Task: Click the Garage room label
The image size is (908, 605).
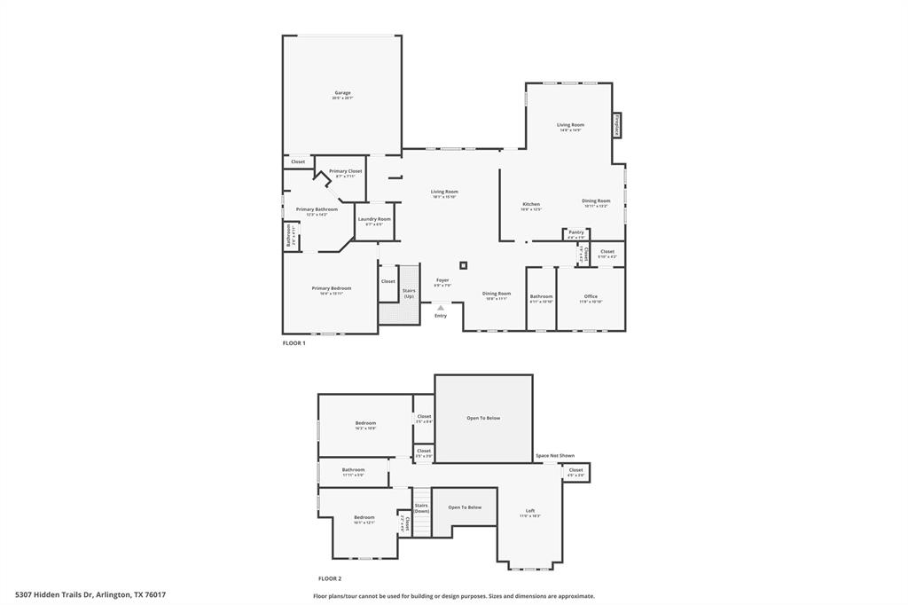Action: click(x=342, y=93)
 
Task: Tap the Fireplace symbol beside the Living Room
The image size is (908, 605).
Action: click(x=617, y=125)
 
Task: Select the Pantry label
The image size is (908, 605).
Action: click(x=576, y=232)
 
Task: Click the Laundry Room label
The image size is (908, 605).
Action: click(x=374, y=219)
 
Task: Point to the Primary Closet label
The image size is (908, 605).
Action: click(x=345, y=171)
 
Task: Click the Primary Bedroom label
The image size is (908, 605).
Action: click(x=331, y=288)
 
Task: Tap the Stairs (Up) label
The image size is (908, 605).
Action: click(x=409, y=293)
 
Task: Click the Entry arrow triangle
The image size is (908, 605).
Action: click(x=441, y=308)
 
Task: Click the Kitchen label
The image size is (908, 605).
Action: click(x=530, y=205)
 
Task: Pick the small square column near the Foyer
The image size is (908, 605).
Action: click(x=463, y=264)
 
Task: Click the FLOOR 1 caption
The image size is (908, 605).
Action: click(x=294, y=343)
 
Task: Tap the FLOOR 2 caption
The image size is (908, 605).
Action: click(x=330, y=577)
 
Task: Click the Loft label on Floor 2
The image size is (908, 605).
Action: click(x=530, y=511)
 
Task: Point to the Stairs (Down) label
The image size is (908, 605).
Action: click(x=421, y=507)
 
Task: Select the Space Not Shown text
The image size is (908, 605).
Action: click(x=554, y=455)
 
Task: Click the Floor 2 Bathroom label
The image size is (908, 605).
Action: click(x=354, y=469)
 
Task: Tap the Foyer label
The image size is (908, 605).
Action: click(x=442, y=280)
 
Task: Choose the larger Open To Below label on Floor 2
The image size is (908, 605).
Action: click(x=483, y=418)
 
